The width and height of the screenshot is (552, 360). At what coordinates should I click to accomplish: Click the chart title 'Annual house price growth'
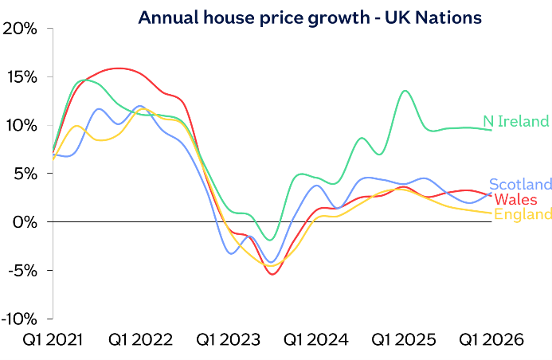[310, 18]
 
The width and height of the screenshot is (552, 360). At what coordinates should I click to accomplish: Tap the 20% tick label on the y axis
[21, 29]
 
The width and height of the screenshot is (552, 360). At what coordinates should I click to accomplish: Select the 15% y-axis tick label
[22, 77]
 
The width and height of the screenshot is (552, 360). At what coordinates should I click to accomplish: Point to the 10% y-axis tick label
[21, 126]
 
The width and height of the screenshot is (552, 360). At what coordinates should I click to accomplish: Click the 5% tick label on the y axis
[24, 174]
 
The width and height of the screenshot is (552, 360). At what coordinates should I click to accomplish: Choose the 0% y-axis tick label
[24, 222]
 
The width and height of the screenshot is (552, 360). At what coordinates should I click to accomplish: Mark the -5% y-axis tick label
[22, 270]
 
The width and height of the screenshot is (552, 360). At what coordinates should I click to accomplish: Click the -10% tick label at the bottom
[19, 319]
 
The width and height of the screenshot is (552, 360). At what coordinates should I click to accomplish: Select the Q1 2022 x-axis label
[141, 340]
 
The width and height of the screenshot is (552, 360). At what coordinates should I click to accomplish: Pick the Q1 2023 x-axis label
[229, 340]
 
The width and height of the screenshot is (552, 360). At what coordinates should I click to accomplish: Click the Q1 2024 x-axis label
[316, 340]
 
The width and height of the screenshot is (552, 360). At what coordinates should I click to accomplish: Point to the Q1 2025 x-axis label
[404, 340]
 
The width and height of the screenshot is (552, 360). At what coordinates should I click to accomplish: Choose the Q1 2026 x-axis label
[491, 340]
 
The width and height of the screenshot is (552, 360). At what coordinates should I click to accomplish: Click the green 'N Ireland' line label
[516, 122]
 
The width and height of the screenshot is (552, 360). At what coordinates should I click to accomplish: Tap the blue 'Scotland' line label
[520, 184]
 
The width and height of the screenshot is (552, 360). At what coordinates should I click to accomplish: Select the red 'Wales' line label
[515, 199]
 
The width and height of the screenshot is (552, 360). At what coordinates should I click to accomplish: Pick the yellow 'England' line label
[523, 214]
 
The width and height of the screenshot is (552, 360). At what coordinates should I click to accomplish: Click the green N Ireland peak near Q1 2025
[405, 91]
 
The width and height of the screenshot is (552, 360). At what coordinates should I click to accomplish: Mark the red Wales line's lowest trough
[273, 274]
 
